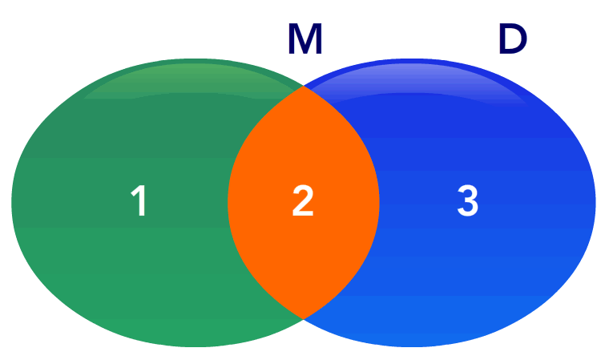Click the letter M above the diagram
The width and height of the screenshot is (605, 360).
305,39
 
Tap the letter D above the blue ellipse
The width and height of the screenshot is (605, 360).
513,39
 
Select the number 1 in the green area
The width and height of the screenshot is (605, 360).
139,200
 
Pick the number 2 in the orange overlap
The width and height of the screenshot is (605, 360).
303,200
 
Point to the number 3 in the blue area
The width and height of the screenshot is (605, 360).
468,200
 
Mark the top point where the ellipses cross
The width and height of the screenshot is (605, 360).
304,86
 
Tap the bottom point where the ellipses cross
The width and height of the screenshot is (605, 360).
304,318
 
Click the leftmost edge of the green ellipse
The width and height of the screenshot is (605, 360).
12,202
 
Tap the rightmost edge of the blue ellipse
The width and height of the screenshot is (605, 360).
595,202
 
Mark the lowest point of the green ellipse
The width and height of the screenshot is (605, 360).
196,346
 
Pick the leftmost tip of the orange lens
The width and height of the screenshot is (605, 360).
228,202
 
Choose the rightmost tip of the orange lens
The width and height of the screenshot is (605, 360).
379,202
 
